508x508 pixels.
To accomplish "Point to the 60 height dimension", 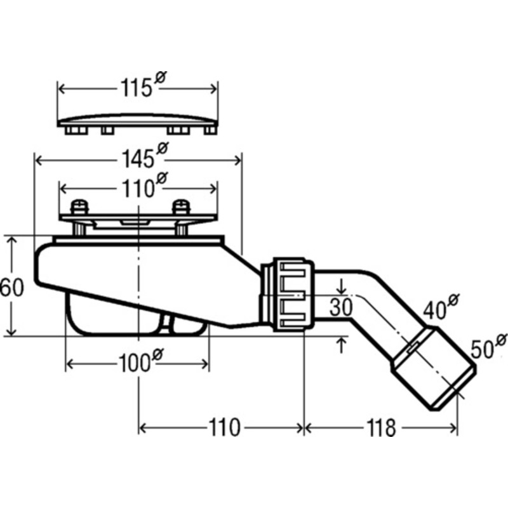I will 12,287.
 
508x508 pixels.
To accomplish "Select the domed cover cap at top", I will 138,121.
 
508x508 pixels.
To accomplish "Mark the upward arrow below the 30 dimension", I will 343,345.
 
